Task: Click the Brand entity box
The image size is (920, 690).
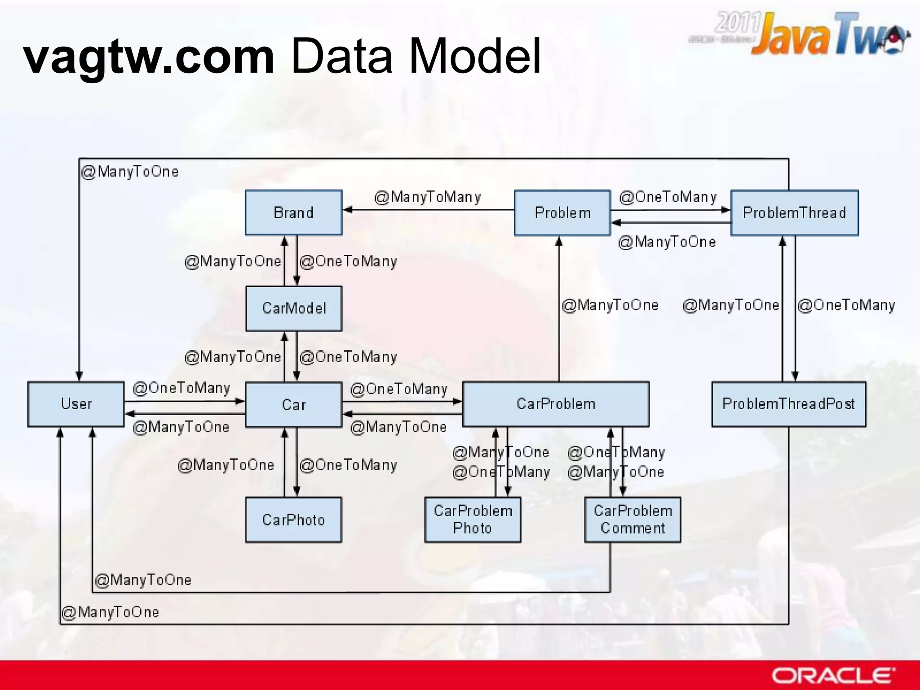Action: [293, 212]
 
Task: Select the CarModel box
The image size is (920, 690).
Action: [293, 308]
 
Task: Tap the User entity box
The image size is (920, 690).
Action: [76, 404]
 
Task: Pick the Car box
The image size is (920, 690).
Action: [293, 404]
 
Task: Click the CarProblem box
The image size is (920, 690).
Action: [556, 404]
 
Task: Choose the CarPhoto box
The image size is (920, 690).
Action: [293, 520]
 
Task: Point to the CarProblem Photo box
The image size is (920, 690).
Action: [473, 520]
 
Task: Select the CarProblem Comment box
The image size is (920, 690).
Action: [632, 520]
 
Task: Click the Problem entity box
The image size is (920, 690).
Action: [562, 212]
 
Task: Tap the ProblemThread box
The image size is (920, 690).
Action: [794, 212]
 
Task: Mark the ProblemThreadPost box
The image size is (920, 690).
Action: [788, 404]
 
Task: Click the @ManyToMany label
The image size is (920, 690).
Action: [427, 197]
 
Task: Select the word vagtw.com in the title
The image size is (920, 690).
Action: [149, 56]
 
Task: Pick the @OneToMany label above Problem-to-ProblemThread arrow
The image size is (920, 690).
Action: [668, 197]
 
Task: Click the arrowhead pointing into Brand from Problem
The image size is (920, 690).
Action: [347, 210]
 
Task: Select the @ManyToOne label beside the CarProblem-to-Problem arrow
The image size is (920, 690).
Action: [610, 305]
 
